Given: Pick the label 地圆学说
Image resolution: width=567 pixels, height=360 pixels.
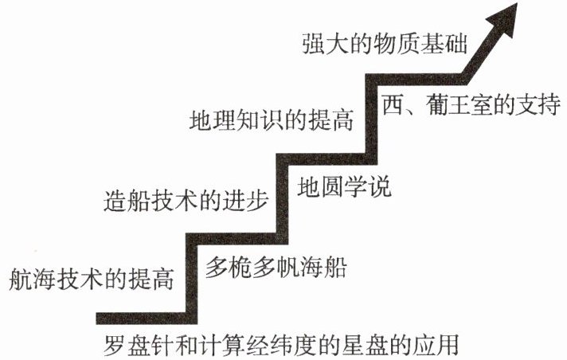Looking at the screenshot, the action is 346,189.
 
